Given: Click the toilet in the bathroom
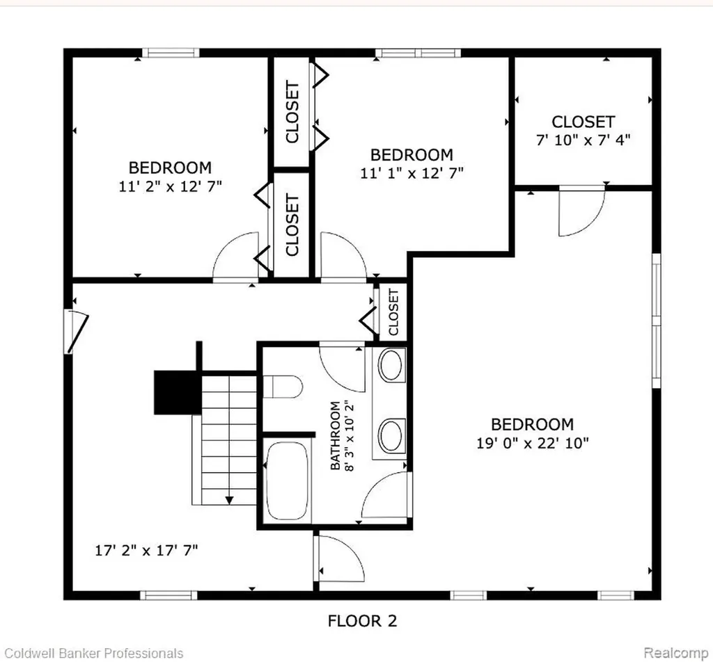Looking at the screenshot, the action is click(283, 387).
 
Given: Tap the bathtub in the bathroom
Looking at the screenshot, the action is click(287, 481).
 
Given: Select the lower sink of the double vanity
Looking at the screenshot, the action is click(391, 435).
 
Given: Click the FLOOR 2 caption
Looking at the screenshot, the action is click(362, 621).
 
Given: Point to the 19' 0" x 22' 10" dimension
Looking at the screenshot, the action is click(533, 443).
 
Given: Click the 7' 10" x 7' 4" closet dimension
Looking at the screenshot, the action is click(583, 140).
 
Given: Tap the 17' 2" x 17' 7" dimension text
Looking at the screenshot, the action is click(146, 550).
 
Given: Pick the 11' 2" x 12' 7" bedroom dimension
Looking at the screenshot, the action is click(170, 186).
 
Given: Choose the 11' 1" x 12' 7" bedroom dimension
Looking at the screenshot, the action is click(412, 173).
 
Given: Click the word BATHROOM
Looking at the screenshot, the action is click(335, 435).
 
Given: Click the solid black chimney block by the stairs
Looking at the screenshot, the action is click(178, 392).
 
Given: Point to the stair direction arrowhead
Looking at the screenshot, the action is click(229, 501).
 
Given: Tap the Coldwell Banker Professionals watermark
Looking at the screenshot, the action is click(93, 654).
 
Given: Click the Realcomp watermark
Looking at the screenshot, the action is click(675, 653).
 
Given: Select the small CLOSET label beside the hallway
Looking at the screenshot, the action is click(394, 312).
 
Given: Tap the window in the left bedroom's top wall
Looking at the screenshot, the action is click(171, 53).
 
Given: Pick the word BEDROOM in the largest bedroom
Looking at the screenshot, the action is click(533, 425).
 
